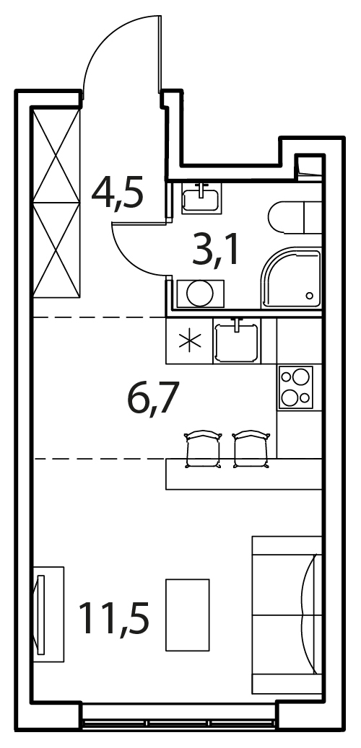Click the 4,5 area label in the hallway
tap(117, 192)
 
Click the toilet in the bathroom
tap(295, 217)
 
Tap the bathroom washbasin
tap(201, 198)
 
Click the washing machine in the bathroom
tap(200, 294)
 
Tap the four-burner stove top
tap(296, 387)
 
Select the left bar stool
tap(203, 449)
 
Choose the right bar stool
tap(251, 449)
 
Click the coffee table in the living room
tap(188, 615)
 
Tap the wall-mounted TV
tap(41, 615)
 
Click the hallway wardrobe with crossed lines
tap(56, 202)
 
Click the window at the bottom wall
tap(178, 723)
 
